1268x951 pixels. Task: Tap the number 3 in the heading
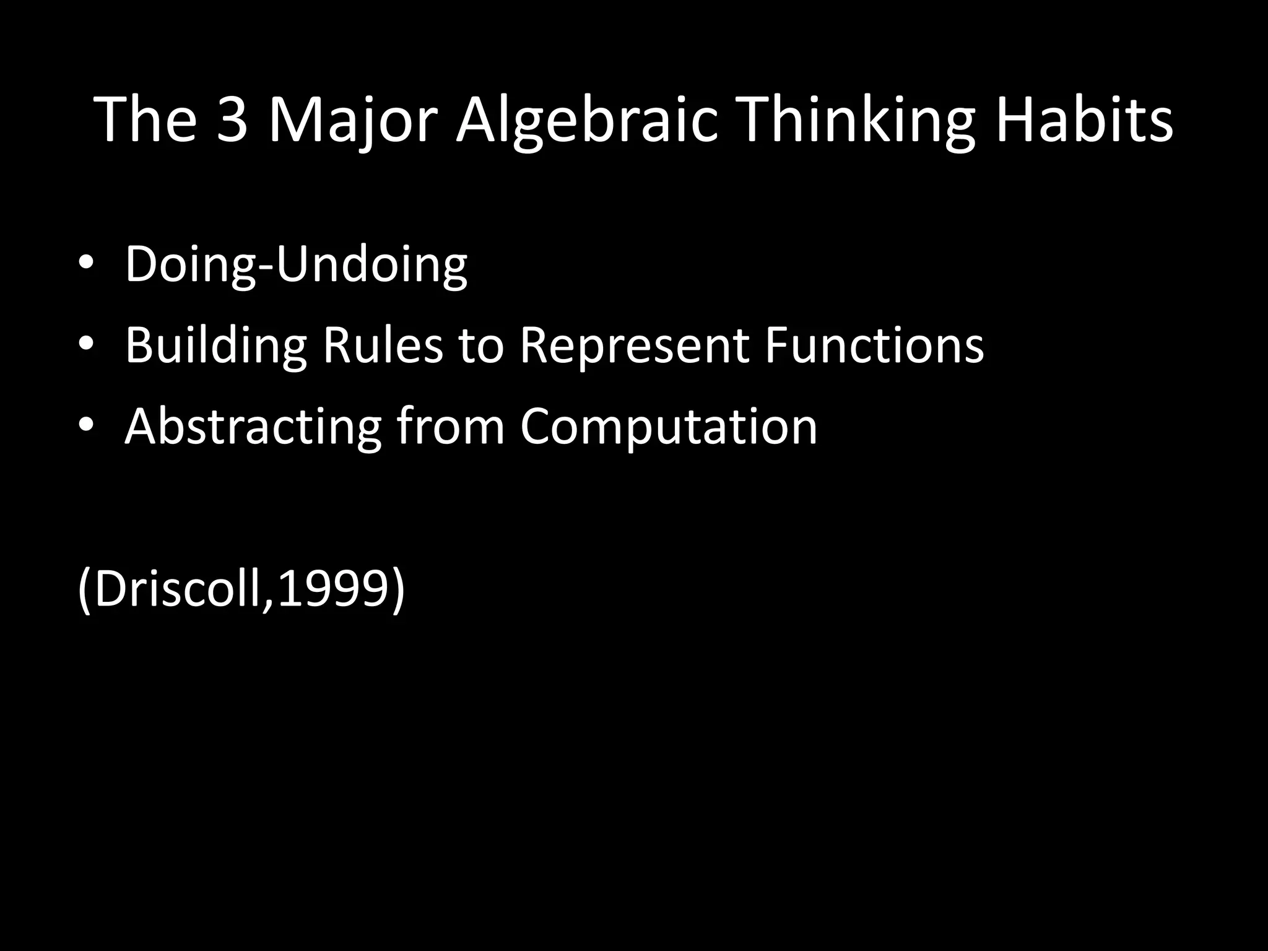tap(233, 121)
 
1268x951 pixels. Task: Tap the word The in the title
tap(147, 121)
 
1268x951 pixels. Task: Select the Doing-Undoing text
tap(296, 265)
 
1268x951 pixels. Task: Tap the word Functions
tap(874, 345)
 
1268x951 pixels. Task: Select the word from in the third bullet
tap(451, 426)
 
